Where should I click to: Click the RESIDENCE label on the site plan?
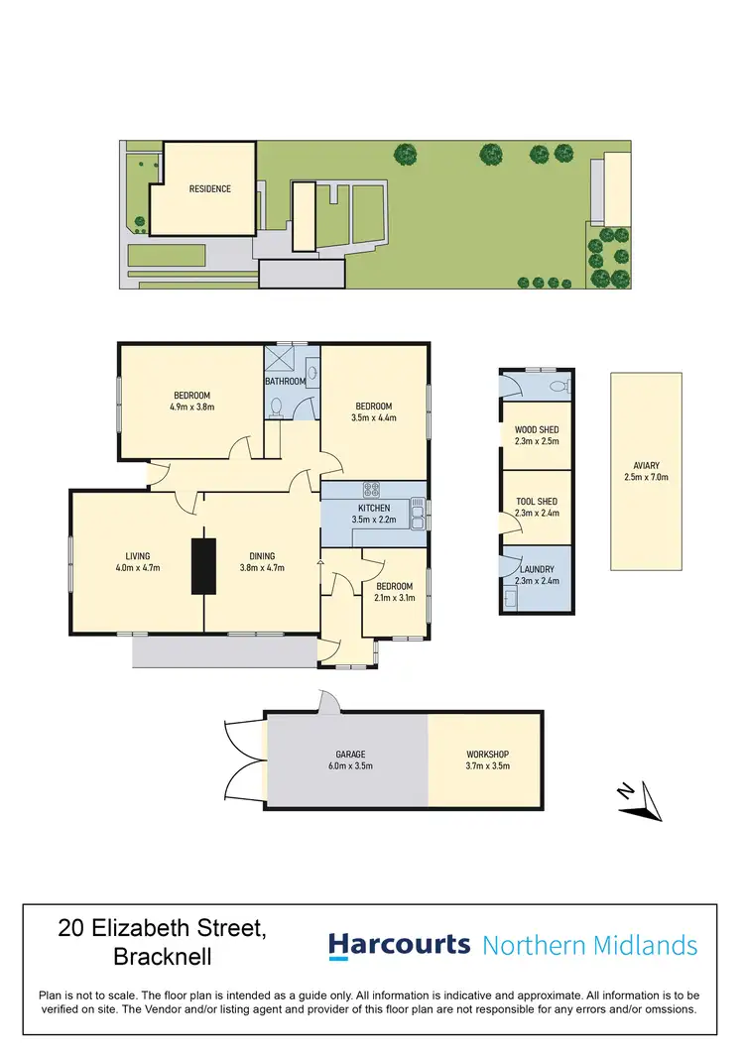(210, 189)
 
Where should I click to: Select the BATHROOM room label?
(288, 382)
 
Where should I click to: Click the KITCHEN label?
(374, 509)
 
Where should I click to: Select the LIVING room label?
(137, 556)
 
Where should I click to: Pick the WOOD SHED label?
(536, 430)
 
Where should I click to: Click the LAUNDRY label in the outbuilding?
(536, 569)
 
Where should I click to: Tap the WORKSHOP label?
(487, 755)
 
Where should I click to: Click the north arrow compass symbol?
(642, 801)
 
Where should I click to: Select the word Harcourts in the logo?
(399, 945)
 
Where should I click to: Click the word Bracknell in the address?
(164, 959)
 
